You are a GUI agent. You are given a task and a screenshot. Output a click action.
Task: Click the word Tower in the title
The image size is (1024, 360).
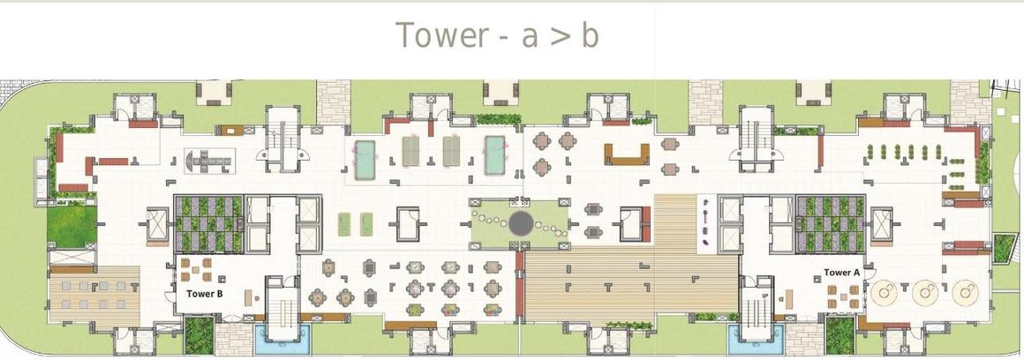442,34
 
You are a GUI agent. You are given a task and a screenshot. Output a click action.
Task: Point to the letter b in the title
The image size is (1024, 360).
590,34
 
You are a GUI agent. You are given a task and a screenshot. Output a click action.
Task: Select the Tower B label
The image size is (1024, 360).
205,294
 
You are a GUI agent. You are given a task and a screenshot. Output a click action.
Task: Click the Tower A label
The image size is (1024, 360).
842,273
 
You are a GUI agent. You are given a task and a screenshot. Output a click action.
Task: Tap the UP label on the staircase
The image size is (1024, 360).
764,296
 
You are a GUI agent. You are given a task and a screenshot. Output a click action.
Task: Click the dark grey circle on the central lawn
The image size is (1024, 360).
521,224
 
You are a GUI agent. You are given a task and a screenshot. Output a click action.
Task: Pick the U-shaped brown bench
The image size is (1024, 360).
626,154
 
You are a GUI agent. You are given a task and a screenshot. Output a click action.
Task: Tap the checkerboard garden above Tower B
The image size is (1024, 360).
208,224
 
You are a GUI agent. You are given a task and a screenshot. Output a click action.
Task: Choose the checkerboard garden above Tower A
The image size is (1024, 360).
831,224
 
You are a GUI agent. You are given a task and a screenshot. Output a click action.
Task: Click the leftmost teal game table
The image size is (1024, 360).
365,159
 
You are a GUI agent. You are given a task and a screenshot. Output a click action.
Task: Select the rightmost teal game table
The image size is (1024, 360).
495,155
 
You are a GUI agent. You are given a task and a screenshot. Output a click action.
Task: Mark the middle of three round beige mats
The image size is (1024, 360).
925,293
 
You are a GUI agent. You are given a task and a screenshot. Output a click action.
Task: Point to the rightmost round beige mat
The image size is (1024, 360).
965,293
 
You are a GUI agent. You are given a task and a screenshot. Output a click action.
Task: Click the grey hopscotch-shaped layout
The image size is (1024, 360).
209,160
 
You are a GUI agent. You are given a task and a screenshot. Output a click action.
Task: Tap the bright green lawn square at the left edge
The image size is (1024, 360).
72,226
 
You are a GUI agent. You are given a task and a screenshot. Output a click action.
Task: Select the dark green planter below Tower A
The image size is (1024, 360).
840,334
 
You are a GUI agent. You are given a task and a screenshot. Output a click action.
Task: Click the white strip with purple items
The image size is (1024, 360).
707,224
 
